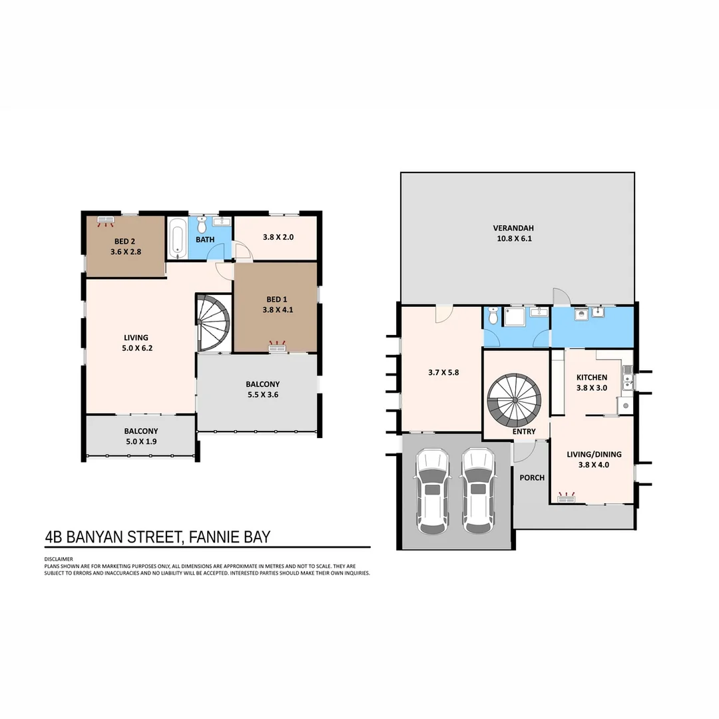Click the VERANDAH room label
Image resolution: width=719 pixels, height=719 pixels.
[x=513, y=228]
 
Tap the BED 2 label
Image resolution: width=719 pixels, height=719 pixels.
[x=124, y=241]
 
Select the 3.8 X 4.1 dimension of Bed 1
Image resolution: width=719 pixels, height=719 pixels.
[x=278, y=310]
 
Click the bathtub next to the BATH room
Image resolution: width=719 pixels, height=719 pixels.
[x=178, y=238]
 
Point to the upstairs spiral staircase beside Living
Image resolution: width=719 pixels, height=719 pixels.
[x=213, y=323]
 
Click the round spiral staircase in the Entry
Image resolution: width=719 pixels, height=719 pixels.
[x=515, y=400]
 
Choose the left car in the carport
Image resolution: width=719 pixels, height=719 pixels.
[x=431, y=491]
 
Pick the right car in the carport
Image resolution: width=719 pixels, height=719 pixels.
[x=478, y=491]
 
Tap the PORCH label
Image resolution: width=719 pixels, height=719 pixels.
[x=532, y=477]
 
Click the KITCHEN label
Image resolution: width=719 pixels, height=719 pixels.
[x=592, y=377]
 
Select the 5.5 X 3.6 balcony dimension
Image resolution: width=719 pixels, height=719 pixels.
[x=263, y=394]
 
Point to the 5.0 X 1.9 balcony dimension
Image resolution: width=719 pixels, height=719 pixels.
[x=141, y=441]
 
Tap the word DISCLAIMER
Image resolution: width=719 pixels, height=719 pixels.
[x=59, y=559]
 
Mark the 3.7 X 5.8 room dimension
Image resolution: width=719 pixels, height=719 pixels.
[x=443, y=372]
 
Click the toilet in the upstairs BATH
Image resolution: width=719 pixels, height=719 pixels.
[x=201, y=225]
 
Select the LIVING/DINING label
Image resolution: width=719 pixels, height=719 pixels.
[x=594, y=455]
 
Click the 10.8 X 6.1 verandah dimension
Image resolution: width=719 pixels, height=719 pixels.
[x=515, y=238]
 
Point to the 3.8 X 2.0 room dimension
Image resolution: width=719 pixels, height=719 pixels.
[x=278, y=237]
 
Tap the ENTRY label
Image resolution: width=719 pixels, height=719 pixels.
[x=524, y=431]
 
